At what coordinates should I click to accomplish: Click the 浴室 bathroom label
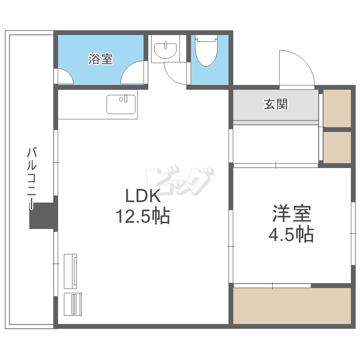tap(101, 59)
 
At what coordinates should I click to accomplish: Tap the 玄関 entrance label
tap(276, 104)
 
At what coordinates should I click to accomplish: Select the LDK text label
tap(143, 196)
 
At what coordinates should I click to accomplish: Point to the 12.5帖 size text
tap(143, 216)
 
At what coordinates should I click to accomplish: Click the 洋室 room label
tap(291, 213)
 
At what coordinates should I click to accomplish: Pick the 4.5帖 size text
tap(291, 234)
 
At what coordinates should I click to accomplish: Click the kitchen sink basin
tap(121, 105)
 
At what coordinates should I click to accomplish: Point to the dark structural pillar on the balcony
tap(43, 216)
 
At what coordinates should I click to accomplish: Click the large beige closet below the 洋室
tap(292, 306)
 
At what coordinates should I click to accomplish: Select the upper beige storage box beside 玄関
tap(337, 108)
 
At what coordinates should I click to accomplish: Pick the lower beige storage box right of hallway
tap(337, 147)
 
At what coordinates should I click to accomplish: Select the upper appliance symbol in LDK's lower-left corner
tap(70, 271)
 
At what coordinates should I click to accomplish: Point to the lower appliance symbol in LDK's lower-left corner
tap(72, 304)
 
